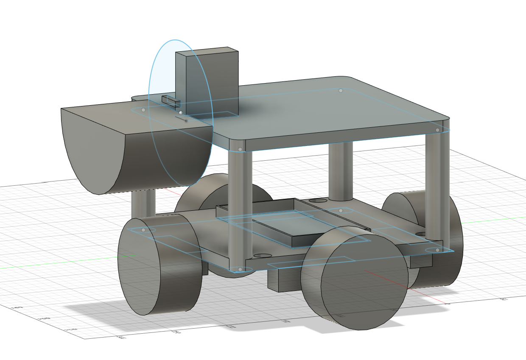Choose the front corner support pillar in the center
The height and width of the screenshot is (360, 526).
coord(240,208)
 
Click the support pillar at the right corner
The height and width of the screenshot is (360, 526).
coord(437,187)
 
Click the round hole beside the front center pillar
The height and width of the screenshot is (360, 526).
coord(263,256)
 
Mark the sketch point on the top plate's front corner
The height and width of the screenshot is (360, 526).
coord(241,149)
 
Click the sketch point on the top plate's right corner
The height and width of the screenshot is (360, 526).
coord(438,130)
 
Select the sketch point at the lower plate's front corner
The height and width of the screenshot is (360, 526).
coord(241,269)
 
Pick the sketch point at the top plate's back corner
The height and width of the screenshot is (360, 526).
coord(341,90)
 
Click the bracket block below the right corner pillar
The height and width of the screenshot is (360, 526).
coord(421,260)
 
